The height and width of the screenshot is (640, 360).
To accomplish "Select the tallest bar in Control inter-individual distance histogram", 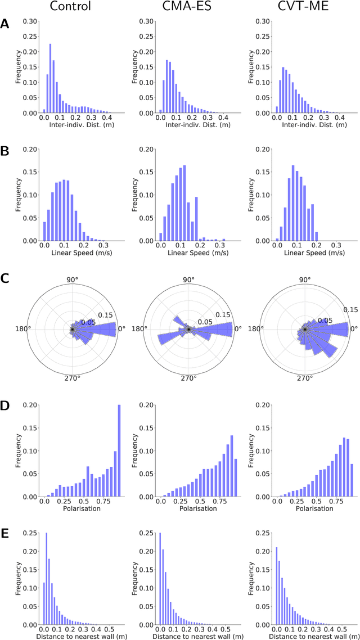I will click(50, 79).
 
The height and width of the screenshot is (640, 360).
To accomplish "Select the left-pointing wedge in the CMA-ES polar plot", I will click(170, 337).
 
